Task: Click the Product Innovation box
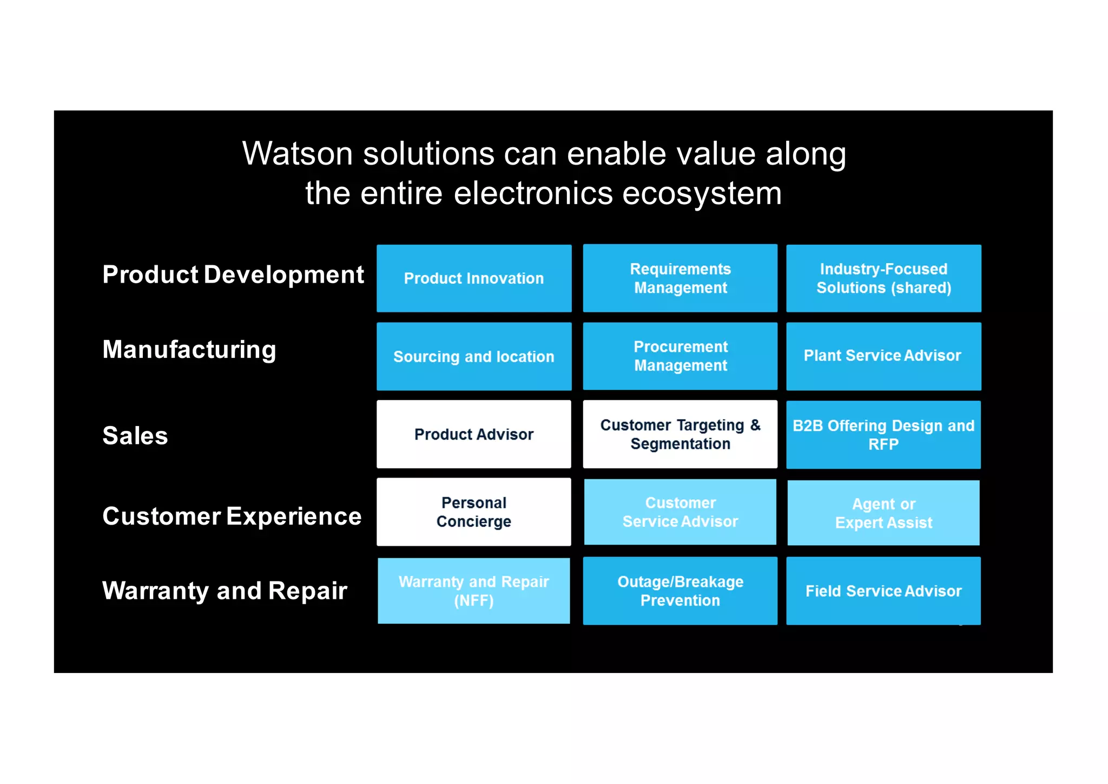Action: [474, 278]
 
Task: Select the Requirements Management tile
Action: [680, 278]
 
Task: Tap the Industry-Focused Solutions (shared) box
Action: [883, 278]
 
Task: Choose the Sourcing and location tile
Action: [474, 356]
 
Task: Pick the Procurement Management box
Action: [680, 356]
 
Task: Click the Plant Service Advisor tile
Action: [883, 356]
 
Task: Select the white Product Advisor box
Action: [474, 434]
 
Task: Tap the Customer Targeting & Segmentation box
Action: [680, 434]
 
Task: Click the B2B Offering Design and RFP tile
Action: [883, 435]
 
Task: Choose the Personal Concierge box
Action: [474, 512]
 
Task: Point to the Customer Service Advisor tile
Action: [680, 512]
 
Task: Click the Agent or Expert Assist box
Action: [883, 513]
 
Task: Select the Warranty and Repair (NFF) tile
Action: [474, 591]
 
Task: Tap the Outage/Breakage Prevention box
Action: [680, 591]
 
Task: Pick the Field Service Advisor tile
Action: [883, 591]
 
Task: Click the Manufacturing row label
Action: [189, 350]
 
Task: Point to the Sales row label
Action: [135, 436]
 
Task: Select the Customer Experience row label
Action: [232, 516]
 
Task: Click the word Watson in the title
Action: [298, 154]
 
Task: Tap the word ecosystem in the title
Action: [702, 193]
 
